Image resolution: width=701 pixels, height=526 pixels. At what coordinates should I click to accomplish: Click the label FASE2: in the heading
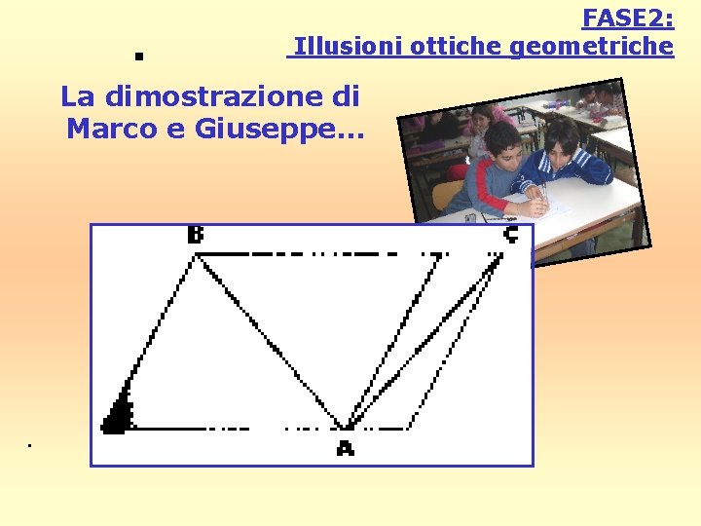[628, 18]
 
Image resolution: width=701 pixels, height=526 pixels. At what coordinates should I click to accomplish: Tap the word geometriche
[592, 46]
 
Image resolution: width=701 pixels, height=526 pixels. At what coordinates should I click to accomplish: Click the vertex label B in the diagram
[196, 236]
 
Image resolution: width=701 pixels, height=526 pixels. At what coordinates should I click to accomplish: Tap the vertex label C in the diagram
[510, 235]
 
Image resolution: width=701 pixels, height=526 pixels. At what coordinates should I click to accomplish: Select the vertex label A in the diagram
[345, 448]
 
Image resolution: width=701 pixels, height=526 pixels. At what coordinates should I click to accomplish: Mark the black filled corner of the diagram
[118, 416]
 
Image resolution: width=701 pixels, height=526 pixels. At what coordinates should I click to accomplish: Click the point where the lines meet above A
[346, 425]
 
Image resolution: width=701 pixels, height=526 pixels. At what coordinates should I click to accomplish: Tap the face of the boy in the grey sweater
[503, 145]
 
